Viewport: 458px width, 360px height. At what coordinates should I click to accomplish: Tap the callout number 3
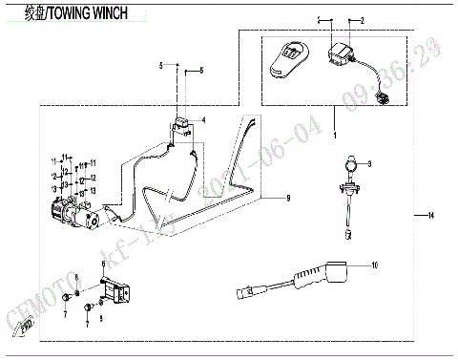click(371, 164)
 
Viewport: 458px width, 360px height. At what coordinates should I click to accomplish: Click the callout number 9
click(285, 198)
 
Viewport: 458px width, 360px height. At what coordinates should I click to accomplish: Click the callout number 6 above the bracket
click(103, 263)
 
